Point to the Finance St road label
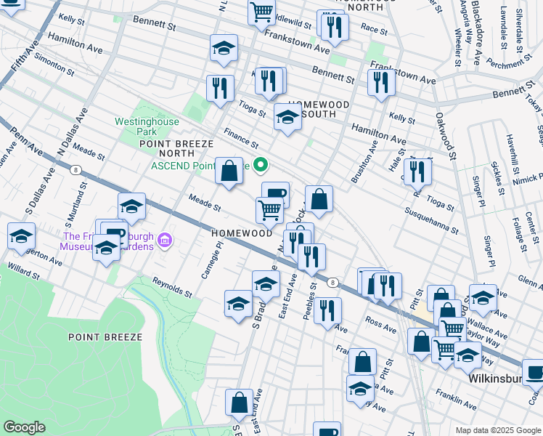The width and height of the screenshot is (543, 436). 241,137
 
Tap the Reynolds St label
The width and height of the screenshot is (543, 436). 172,288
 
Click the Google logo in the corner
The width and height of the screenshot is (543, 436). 24,427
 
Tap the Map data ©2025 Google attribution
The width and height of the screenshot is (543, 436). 497,430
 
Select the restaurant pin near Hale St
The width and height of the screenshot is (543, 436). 417,171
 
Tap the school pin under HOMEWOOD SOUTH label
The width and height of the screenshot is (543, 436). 288,117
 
